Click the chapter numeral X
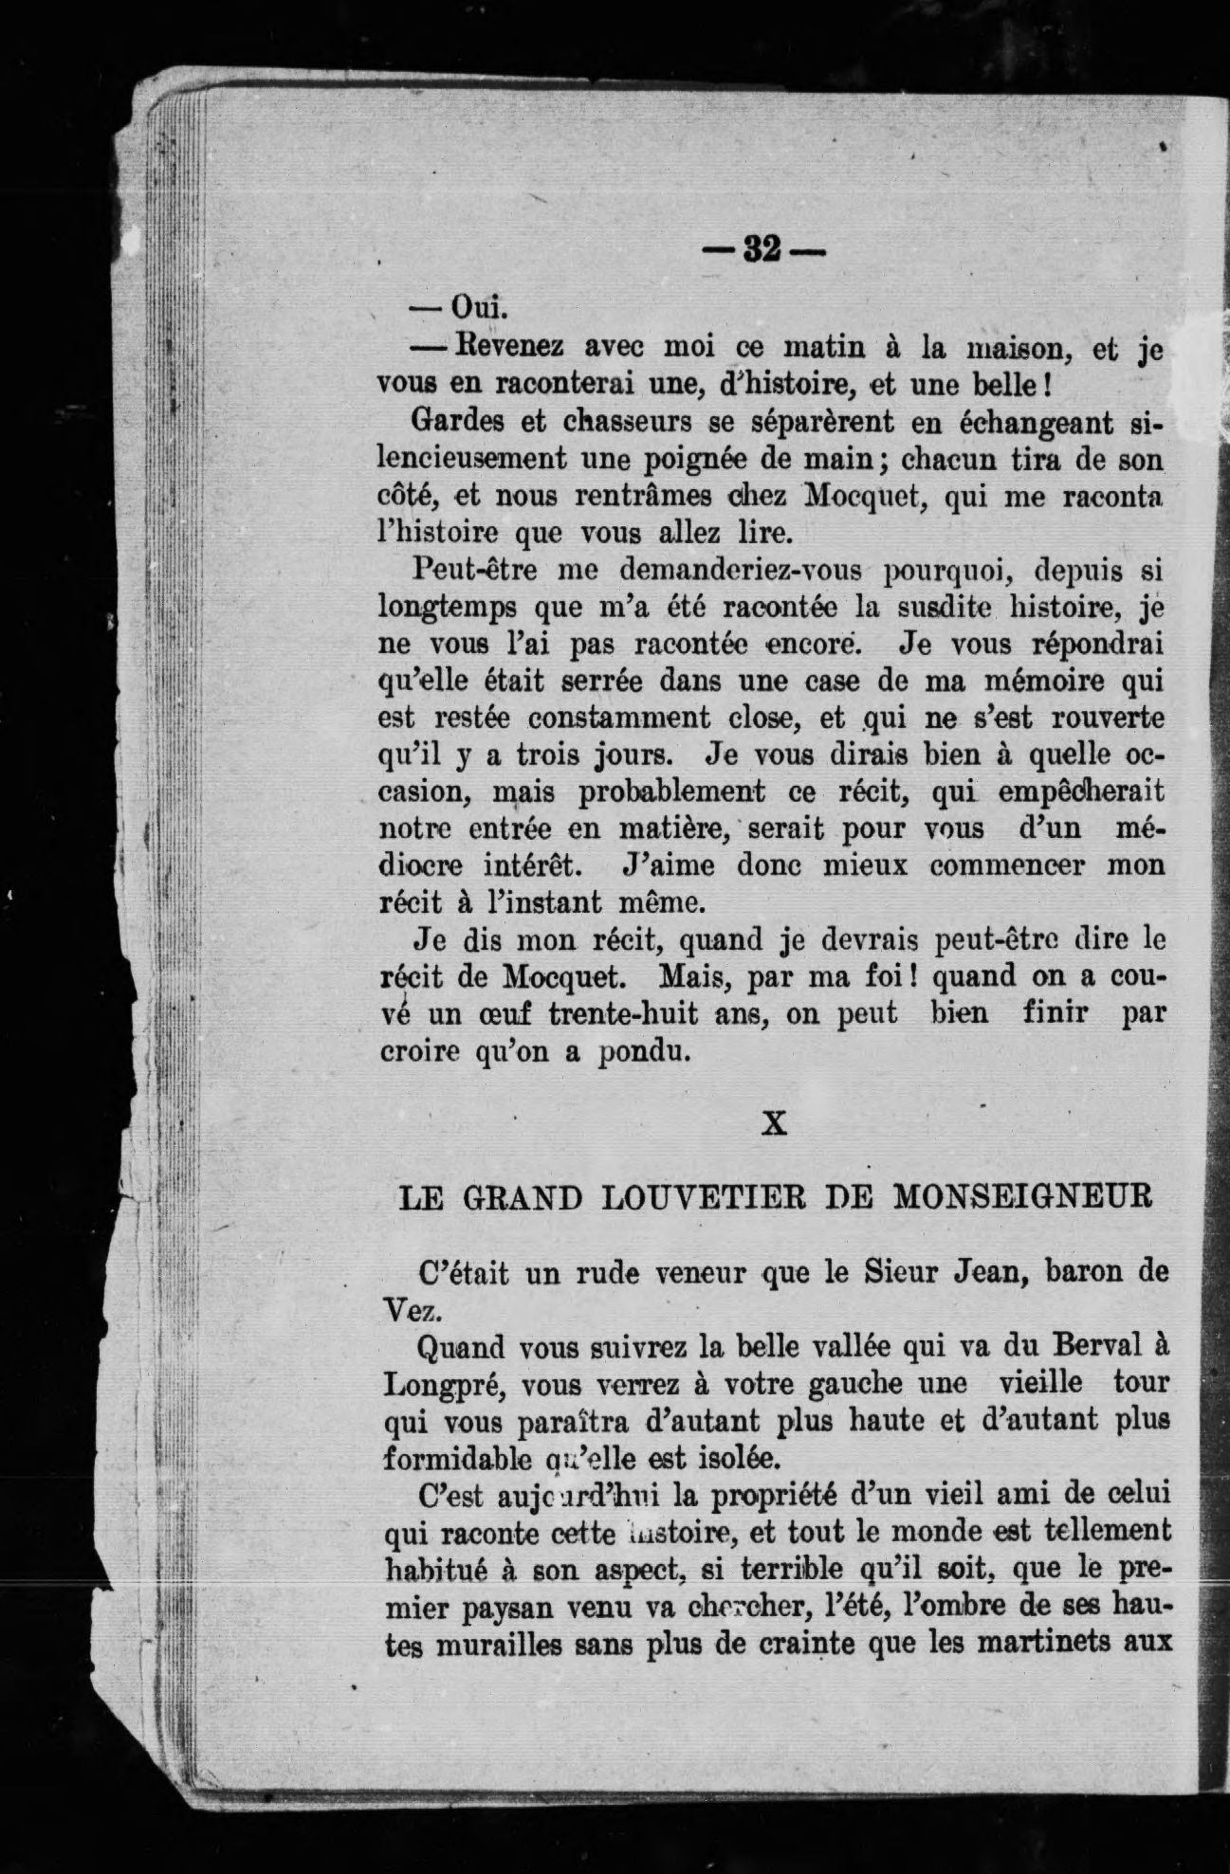[x=775, y=1123]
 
